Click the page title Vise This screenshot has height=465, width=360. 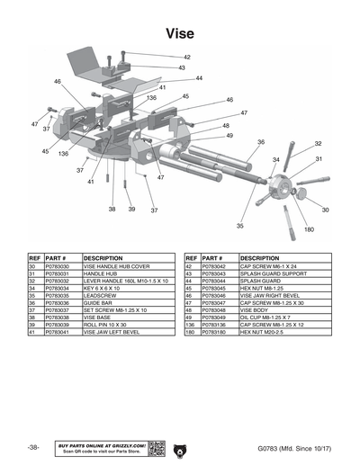click(180, 33)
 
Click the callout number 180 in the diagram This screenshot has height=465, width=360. click(308, 230)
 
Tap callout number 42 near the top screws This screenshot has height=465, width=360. click(186, 57)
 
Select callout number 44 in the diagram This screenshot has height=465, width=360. click(199, 78)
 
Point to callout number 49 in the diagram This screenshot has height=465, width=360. click(229, 136)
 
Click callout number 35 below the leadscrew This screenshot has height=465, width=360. click(239, 226)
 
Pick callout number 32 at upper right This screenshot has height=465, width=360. click(318, 144)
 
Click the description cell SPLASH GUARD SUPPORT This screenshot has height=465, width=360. click(271, 274)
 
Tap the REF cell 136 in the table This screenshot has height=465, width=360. click(191, 325)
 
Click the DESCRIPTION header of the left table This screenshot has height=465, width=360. click(103, 258)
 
